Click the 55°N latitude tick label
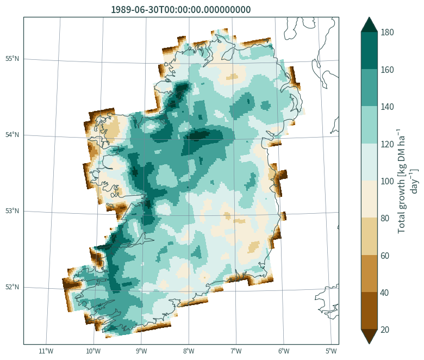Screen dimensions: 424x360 click(12, 59)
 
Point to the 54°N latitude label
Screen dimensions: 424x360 click(12, 135)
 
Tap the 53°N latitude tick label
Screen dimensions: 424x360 click(12, 210)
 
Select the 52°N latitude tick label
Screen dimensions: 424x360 click(12, 287)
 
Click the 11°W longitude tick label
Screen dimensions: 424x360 click(46, 351)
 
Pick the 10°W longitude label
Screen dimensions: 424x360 click(93, 351)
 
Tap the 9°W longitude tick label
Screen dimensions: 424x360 click(141, 351)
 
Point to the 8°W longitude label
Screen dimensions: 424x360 click(189, 351)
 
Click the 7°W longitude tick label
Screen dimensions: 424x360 click(236, 351)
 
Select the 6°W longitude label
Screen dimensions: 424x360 click(284, 351)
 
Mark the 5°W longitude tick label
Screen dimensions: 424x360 click(331, 351)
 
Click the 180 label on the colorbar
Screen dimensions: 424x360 click(387, 33)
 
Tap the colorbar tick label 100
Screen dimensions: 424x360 click(387, 181)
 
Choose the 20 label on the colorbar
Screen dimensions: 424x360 click(385, 330)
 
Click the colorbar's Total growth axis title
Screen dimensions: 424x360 click(408, 181)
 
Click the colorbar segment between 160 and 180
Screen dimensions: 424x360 click(369, 51)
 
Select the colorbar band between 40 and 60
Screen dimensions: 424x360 click(369, 274)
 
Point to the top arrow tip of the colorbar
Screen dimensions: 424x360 click(369, 17)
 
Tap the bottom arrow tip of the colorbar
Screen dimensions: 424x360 click(369, 344)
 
